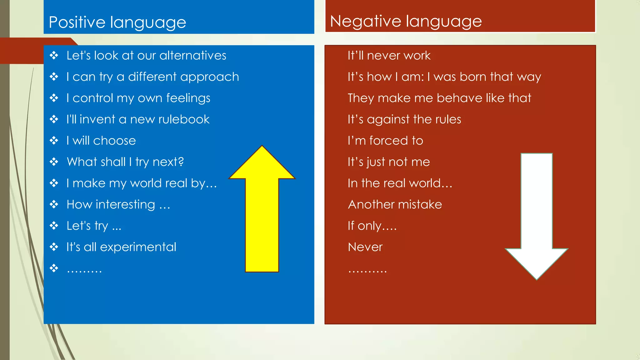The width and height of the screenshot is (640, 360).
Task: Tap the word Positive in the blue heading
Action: (x=77, y=22)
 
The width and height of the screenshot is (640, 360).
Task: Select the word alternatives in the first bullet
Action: (x=193, y=56)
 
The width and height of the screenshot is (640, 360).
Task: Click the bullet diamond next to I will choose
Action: (x=54, y=141)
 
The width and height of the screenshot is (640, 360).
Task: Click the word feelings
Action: (x=188, y=98)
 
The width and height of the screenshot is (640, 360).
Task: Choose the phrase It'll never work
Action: (x=389, y=56)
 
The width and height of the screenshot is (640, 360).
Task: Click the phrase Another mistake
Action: (x=395, y=204)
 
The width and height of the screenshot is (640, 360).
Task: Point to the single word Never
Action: (x=365, y=247)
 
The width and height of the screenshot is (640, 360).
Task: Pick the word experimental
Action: (x=138, y=247)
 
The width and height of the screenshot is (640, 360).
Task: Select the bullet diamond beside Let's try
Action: (x=54, y=226)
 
